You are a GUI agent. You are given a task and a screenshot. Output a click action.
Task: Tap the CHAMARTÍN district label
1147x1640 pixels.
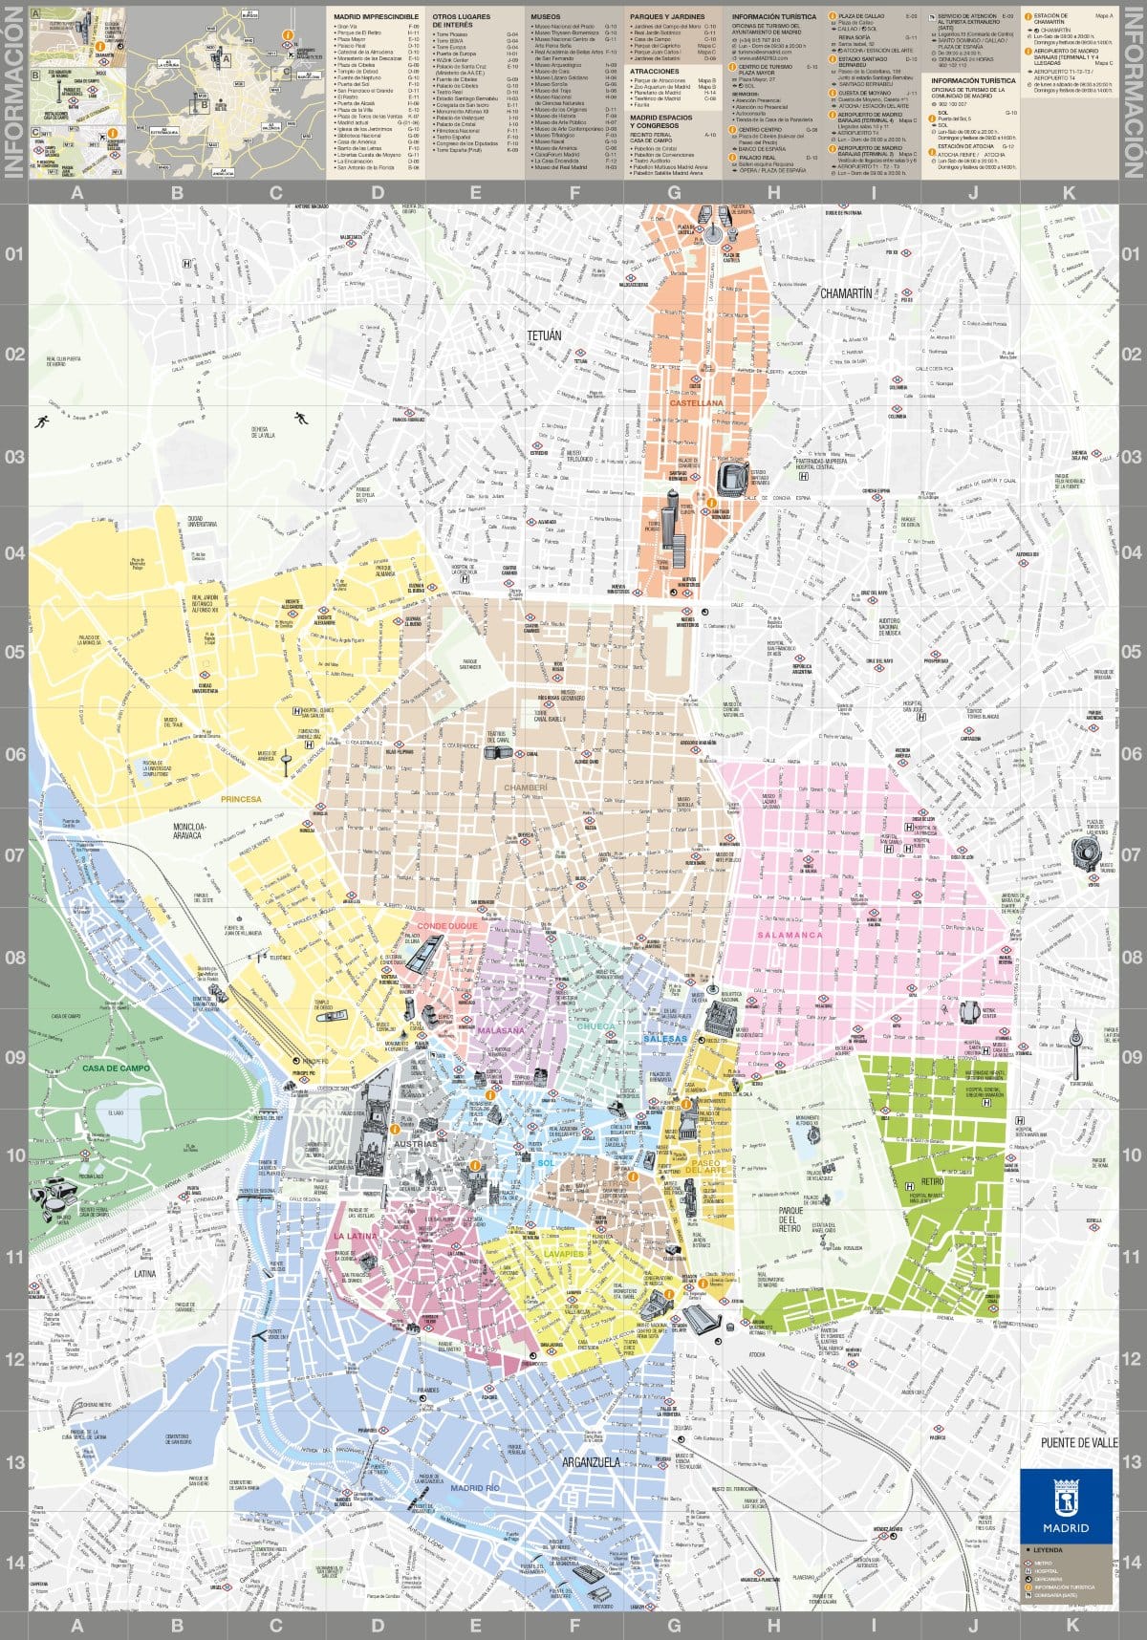pyautogui.click(x=846, y=293)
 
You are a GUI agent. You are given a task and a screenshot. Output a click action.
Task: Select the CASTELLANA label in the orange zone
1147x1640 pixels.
pyautogui.click(x=696, y=403)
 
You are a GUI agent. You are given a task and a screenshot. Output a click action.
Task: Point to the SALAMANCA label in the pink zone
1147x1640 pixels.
pyautogui.click(x=790, y=935)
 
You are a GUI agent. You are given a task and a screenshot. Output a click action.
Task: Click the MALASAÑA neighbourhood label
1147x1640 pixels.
pyautogui.click(x=500, y=1031)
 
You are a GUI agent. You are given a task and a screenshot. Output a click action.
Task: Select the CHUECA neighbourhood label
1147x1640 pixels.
pyautogui.click(x=597, y=1025)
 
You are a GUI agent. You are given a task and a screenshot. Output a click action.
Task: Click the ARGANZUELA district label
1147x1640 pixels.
pyautogui.click(x=591, y=1462)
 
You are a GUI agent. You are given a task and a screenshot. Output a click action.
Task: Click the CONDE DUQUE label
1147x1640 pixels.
pyautogui.click(x=446, y=926)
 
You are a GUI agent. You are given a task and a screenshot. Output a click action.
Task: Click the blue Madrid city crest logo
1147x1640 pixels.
pyautogui.click(x=1066, y=1506)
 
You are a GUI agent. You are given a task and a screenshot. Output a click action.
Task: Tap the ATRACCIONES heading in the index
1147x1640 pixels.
pyautogui.click(x=654, y=71)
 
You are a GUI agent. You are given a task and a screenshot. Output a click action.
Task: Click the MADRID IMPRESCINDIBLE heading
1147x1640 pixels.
pyautogui.click(x=376, y=17)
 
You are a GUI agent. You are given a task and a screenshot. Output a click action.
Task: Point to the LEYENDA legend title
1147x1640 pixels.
pyautogui.click(x=1048, y=1549)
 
